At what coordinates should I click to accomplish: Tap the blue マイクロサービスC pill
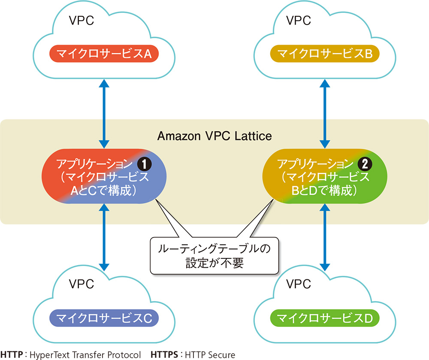click(104, 318)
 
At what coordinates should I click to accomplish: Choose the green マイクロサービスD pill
click(325, 318)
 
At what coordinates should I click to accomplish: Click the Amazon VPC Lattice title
click(214, 136)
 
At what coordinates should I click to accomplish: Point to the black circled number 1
click(143, 164)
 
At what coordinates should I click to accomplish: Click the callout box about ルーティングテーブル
click(214, 255)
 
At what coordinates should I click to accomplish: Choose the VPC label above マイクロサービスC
click(81, 284)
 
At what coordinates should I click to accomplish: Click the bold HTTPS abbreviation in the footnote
click(165, 354)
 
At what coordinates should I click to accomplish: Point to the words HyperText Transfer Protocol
click(85, 354)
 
